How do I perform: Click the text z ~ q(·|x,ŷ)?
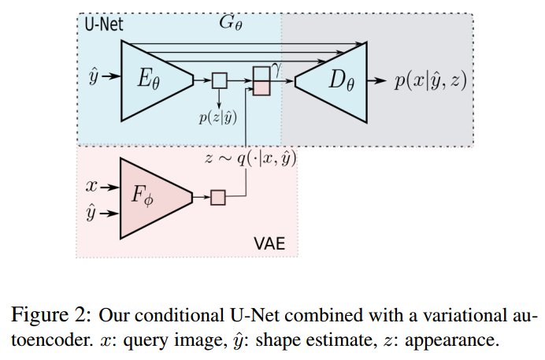pyautogui.click(x=250, y=157)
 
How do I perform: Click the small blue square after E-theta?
pyautogui.click(x=219, y=80)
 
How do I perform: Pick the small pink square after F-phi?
pyautogui.click(x=218, y=197)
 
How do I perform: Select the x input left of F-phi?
pyautogui.click(x=93, y=187)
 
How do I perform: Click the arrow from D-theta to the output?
pyautogui.click(x=378, y=80)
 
